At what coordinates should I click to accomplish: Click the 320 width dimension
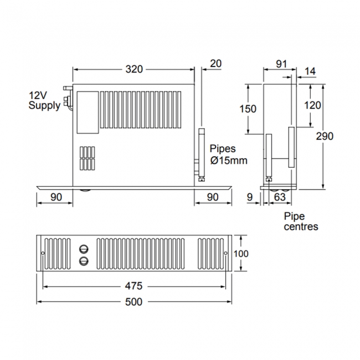[x=133, y=69]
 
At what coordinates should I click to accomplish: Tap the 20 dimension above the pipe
[x=216, y=64]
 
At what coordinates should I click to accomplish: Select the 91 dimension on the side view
[x=281, y=64]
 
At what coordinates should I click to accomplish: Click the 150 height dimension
[x=249, y=109]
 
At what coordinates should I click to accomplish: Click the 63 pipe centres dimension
[x=280, y=196]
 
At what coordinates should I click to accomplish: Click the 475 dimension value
[x=133, y=286]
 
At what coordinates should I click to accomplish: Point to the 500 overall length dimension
[x=133, y=302]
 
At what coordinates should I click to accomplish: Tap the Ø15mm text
[x=228, y=160]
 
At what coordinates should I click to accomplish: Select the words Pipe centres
[x=300, y=221]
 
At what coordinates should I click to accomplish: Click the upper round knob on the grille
[x=84, y=249]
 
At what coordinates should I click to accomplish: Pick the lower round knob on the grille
[x=84, y=260]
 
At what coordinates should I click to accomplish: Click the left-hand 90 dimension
[x=55, y=196]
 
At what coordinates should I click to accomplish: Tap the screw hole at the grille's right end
[x=225, y=254]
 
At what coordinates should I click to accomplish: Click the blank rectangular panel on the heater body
[x=87, y=112]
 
